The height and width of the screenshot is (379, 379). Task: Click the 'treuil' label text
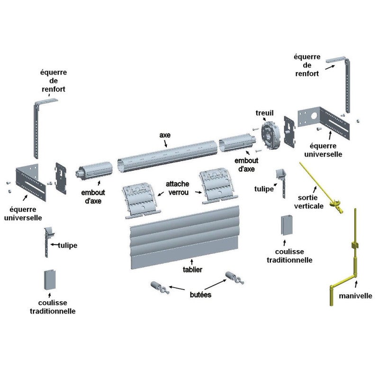[265, 113]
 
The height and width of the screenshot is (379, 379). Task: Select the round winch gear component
[270, 136]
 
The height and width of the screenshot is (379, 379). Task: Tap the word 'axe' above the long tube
[165, 135]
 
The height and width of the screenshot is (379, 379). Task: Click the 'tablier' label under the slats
[192, 270]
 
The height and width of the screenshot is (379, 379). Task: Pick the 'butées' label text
[200, 295]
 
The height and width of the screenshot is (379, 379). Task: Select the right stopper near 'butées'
[235, 278]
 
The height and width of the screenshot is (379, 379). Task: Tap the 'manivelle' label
[355, 296]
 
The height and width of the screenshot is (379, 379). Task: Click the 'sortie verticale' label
[309, 202]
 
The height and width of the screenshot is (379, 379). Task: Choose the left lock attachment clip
[141, 200]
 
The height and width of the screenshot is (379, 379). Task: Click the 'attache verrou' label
[178, 188]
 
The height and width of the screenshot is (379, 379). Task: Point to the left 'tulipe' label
[68, 245]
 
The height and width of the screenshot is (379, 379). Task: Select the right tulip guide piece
[282, 183]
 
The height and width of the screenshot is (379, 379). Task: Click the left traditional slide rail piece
[50, 280]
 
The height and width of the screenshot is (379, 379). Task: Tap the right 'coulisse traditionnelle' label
[289, 256]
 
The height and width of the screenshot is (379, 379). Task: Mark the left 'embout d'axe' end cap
[94, 171]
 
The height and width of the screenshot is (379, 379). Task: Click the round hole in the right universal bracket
[314, 116]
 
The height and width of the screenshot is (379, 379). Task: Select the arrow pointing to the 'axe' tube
[165, 144]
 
